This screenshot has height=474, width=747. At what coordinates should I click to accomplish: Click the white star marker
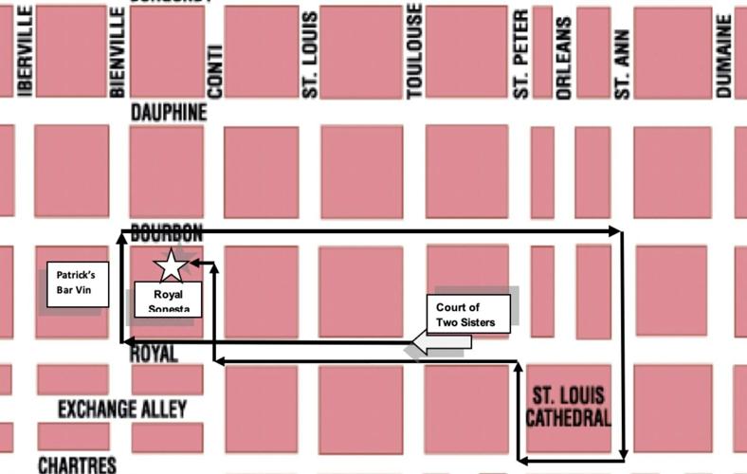pyautogui.click(x=172, y=265)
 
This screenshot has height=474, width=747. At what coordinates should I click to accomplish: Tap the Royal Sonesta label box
pyautogui.click(x=167, y=301)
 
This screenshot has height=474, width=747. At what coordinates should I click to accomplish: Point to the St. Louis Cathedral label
pyautogui.click(x=569, y=405)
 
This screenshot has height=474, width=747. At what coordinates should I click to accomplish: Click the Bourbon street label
pyautogui.click(x=167, y=233)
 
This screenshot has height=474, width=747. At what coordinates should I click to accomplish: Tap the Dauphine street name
pyautogui.click(x=169, y=113)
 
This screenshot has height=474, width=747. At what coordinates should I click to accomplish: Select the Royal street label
pyautogui.click(x=153, y=354)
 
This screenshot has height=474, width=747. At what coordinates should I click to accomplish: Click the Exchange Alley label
pyautogui.click(x=122, y=410)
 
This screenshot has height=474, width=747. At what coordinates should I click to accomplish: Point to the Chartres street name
pyautogui.click(x=77, y=465)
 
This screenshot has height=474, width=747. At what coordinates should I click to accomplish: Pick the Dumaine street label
pyautogui.click(x=725, y=61)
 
